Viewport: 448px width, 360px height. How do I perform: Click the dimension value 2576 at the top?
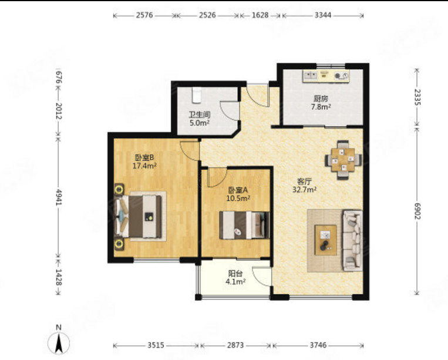tap(144, 15)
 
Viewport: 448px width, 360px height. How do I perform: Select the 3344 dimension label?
tap(323, 15)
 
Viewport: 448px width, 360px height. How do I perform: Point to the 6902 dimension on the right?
tap(417, 211)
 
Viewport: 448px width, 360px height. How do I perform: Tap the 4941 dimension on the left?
tap(59, 197)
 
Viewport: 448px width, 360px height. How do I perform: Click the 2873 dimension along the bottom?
tap(235, 345)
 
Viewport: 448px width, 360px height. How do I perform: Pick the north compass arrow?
tap(59, 343)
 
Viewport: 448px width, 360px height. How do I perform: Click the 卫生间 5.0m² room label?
tap(200, 119)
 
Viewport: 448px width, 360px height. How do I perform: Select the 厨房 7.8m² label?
tap(321, 103)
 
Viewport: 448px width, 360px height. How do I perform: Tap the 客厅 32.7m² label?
tap(304, 186)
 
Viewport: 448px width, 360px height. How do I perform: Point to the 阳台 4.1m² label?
tap(235, 278)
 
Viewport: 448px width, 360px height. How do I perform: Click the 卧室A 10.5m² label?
tap(238, 194)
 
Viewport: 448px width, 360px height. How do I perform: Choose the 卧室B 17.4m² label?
tap(144, 162)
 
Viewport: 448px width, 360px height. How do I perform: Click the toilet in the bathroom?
tap(197, 95)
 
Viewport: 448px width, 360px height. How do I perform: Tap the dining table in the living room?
tap(343, 160)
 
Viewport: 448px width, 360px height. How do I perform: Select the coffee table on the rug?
tap(326, 240)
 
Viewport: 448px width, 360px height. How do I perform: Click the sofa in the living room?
tap(352, 241)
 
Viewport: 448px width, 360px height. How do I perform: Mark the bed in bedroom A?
tap(244, 225)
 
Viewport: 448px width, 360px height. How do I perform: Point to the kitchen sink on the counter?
tap(310, 75)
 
